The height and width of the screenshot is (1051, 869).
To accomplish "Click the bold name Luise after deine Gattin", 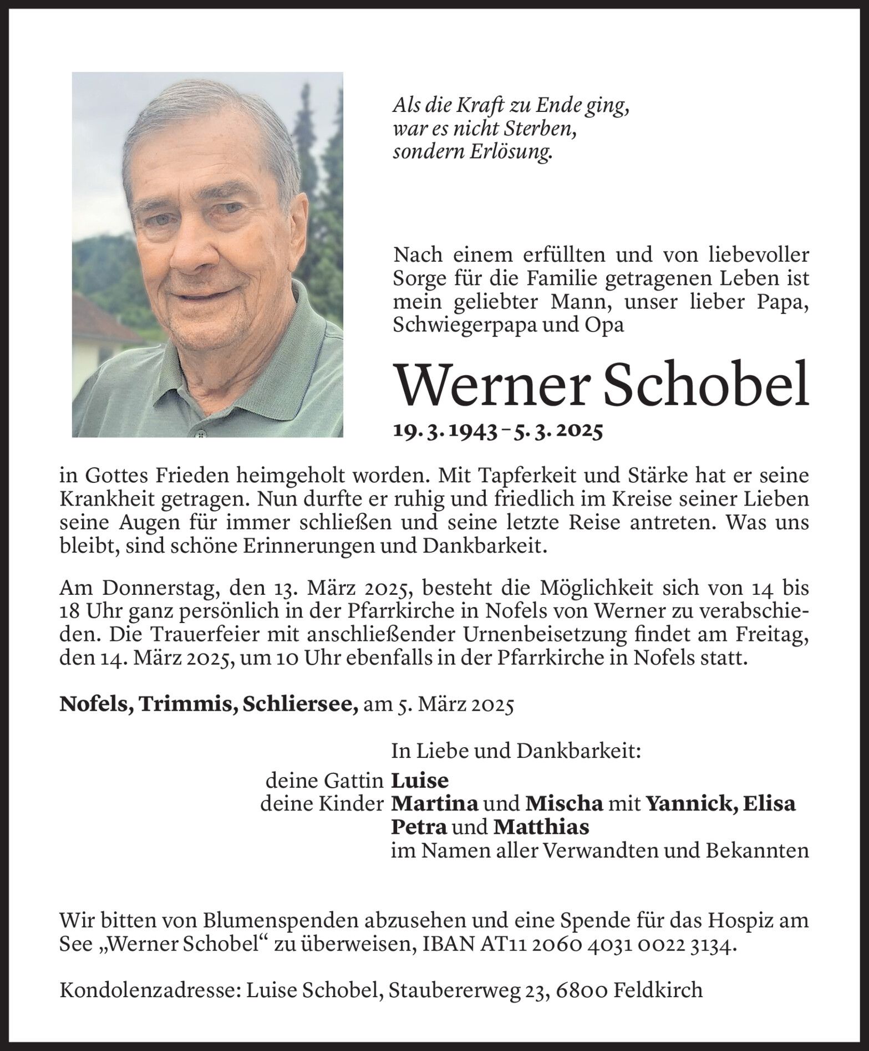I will click(x=420, y=781).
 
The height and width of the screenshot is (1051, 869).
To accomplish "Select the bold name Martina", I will click(x=435, y=803).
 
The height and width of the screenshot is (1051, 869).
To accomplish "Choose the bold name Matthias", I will click(x=541, y=827).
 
